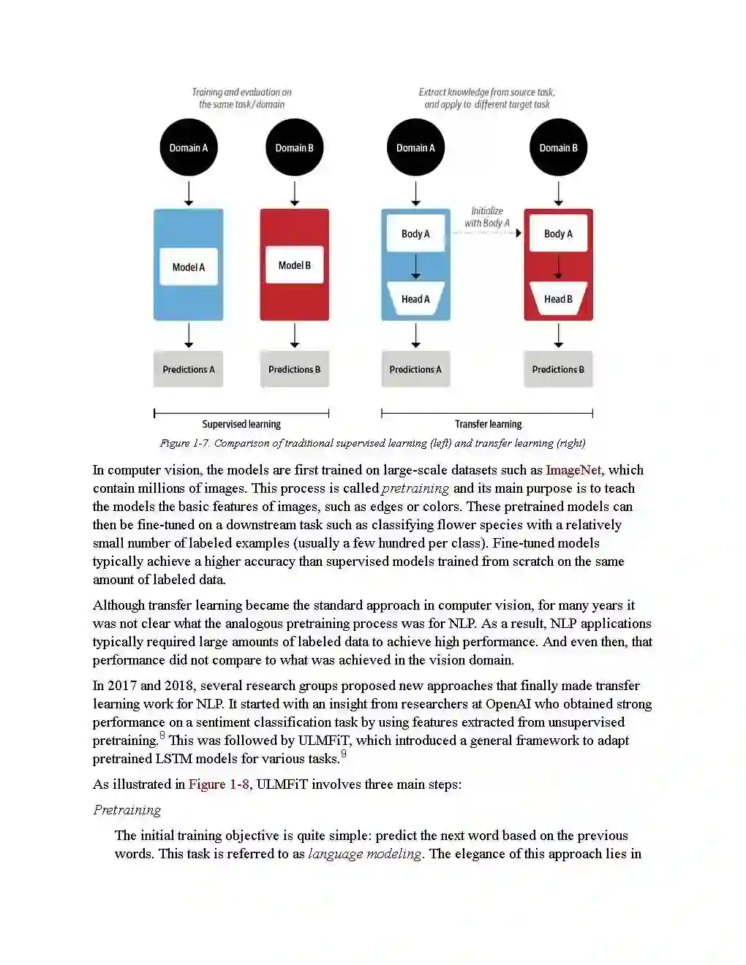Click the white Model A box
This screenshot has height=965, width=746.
[x=189, y=267]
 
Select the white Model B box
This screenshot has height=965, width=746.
[x=295, y=265]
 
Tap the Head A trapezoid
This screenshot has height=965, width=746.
[x=415, y=299]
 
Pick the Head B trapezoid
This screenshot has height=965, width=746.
[x=558, y=299]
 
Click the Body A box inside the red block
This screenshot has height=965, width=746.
[x=558, y=234]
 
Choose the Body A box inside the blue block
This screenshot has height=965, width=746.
[x=415, y=234]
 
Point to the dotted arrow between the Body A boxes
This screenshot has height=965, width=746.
[x=486, y=233]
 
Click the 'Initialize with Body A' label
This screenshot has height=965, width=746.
[x=487, y=217]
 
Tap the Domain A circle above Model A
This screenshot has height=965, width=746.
[x=189, y=148]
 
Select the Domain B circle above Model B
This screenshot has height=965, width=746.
[x=295, y=148]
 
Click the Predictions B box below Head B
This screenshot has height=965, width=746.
[x=558, y=369]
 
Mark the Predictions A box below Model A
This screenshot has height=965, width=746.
[x=189, y=369]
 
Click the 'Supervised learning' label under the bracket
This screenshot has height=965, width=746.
[x=241, y=424]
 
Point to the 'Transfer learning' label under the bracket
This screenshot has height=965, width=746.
[x=489, y=424]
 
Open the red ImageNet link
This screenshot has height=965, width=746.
[x=573, y=470]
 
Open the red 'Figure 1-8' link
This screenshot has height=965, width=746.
[x=219, y=784]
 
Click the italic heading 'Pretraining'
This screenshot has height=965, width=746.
[x=127, y=810]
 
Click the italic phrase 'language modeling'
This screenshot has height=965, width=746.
[x=365, y=854]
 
